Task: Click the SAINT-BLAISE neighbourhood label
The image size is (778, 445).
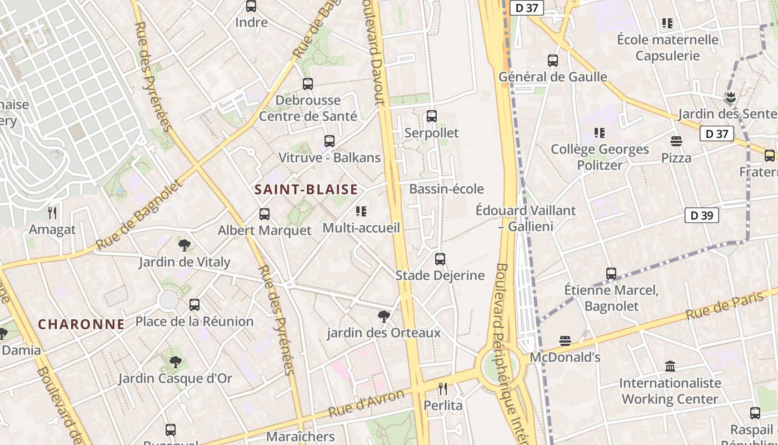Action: click(306, 190)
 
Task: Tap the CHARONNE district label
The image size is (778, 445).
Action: click(81, 324)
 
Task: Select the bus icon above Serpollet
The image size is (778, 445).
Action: click(432, 116)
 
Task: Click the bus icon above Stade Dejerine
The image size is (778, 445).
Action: click(440, 259)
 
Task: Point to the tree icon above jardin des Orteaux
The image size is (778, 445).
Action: click(383, 317)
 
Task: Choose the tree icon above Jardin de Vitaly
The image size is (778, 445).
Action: click(184, 245)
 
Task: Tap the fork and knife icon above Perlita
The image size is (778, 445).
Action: click(443, 388)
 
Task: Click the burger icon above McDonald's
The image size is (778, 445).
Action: click(565, 340)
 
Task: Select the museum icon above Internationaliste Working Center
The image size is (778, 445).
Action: click(670, 366)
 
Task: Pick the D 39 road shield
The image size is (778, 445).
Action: click(702, 215)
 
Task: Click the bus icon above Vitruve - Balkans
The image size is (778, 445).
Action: click(330, 141)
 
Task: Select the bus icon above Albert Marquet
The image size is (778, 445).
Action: click(265, 214)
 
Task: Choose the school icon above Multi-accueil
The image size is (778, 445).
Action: click(361, 211)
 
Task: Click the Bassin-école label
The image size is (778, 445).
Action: click(446, 189)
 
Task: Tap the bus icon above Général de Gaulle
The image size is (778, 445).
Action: click(553, 60)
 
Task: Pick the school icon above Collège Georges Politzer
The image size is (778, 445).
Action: click(599, 133)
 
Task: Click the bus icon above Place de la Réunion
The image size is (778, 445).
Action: click(194, 305)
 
